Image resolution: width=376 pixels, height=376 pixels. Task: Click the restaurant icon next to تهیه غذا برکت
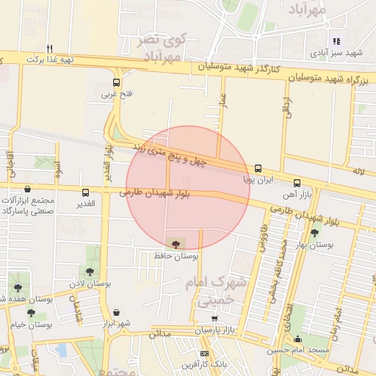coord(49,48)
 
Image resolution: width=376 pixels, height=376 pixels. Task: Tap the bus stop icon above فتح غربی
coord(116,83)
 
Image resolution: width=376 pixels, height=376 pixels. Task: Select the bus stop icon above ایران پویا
coord(258,168)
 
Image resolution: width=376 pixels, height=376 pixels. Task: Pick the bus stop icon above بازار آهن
coord(297,183)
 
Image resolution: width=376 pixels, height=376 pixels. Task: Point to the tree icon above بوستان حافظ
coord(176,243)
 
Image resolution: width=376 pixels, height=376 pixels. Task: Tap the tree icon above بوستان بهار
coord(314,233)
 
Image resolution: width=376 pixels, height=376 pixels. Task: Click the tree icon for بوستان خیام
coord(31,313)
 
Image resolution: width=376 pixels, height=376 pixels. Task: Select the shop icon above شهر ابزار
coord(117,312)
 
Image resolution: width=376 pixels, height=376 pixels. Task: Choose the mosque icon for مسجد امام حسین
coord(297,339)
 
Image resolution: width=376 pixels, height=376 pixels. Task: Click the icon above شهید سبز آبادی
coord(336,42)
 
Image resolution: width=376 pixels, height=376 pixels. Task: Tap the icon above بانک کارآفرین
coord(204,353)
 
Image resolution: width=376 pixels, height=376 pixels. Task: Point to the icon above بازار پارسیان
coord(214,319)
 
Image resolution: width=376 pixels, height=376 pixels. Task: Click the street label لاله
coord(358,172)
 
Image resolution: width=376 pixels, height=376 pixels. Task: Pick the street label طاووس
coord(261,238)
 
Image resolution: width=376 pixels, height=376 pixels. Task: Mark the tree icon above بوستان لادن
coord(91,270)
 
